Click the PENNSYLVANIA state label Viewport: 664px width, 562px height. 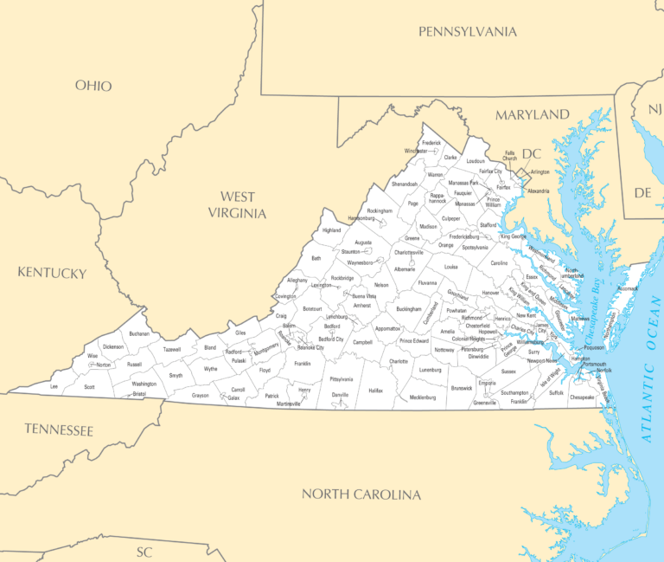pyautogui.click(x=467, y=32)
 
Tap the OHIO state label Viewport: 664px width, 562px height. pyautogui.click(x=93, y=85)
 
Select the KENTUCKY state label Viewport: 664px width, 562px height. pyautogui.click(x=52, y=273)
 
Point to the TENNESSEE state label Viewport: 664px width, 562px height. pyautogui.click(x=59, y=429)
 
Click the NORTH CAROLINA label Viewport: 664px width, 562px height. pyautogui.click(x=361, y=494)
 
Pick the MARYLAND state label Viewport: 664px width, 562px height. pyautogui.click(x=532, y=114)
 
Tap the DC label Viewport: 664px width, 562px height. pyautogui.click(x=531, y=154)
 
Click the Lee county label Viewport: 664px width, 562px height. pyautogui.click(x=54, y=386)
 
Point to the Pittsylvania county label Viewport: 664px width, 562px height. pyautogui.click(x=342, y=379)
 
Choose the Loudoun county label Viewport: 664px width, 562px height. pyautogui.click(x=476, y=161)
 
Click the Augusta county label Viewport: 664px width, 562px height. pyautogui.click(x=363, y=242)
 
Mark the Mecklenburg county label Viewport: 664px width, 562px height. pyautogui.click(x=422, y=397)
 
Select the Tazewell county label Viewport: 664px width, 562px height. pyautogui.click(x=172, y=349)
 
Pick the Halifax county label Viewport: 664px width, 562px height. pyautogui.click(x=375, y=391)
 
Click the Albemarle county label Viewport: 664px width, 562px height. pyautogui.click(x=405, y=269)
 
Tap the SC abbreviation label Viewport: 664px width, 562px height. pyautogui.click(x=144, y=551)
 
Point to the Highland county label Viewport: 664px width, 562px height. pyautogui.click(x=332, y=230)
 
